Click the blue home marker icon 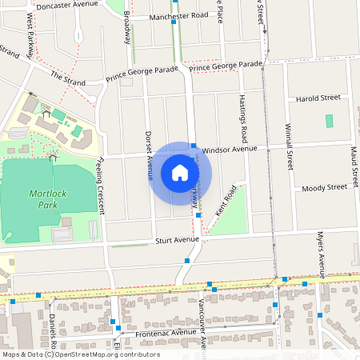click(x=180, y=173)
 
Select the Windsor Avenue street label click(x=230, y=149)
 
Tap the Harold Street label click(x=318, y=98)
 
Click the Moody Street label click(x=324, y=187)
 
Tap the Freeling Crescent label click(x=100, y=186)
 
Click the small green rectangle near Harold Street click(x=330, y=121)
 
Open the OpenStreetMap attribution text click(x=80, y=354)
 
